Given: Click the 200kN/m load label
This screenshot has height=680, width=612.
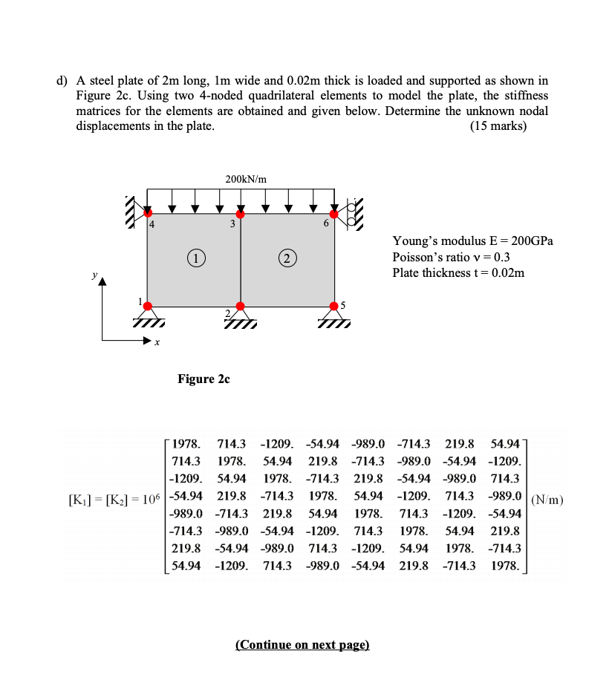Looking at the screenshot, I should pyautogui.click(x=246, y=179).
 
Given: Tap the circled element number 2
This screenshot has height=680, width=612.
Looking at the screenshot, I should pyautogui.click(x=286, y=258).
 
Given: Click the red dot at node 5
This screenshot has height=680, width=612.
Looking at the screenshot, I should pyautogui.click(x=333, y=306).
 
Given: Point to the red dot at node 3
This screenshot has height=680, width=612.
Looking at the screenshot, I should pyautogui.click(x=240, y=214).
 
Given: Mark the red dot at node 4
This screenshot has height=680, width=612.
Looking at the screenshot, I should pyautogui.click(x=147, y=214).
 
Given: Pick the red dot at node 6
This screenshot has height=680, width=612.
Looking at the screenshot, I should pyautogui.click(x=333, y=214).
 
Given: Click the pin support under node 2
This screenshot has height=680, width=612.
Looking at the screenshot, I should pyautogui.click(x=240, y=318).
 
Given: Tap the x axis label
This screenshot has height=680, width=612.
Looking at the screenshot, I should pyautogui.click(x=157, y=342).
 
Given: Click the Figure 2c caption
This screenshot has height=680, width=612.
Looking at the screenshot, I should pyautogui.click(x=204, y=379).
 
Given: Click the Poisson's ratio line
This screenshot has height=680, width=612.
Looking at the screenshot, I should pyautogui.click(x=451, y=257).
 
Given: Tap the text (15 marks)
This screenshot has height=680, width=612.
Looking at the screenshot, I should pyautogui.click(x=498, y=125).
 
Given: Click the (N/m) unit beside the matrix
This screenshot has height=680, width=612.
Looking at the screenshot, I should pyautogui.click(x=547, y=499).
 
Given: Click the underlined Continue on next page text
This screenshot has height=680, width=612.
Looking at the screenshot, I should pyautogui.click(x=302, y=644).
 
